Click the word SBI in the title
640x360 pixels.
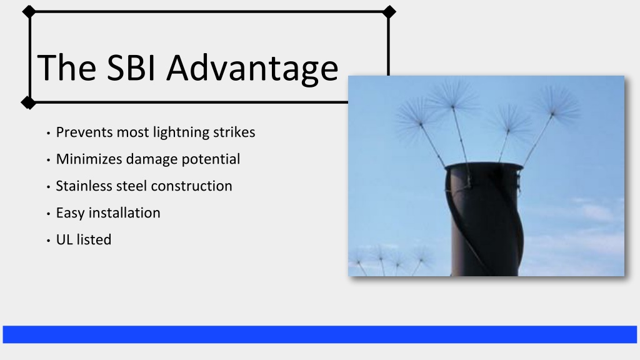(131, 67)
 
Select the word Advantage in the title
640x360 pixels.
(252, 69)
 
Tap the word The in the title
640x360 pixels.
(67, 67)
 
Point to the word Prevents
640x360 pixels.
(84, 132)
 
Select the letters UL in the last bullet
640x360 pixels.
(64, 239)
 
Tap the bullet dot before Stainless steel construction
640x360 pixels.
(48, 187)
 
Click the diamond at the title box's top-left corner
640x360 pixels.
(29, 12)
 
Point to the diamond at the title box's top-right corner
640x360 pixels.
(389, 12)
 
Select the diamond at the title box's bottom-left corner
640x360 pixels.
(29, 102)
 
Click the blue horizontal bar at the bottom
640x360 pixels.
(319, 334)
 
